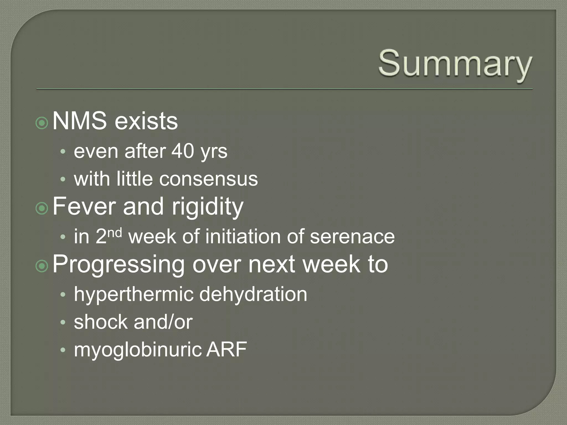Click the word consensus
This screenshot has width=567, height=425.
coord(208,179)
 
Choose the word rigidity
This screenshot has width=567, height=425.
coord(207,207)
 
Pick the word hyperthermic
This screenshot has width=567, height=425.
coord(133,294)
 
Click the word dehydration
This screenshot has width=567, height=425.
coord(253,294)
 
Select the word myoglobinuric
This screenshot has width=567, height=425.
coord(138,350)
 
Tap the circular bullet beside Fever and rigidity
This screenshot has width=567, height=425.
coord(42,208)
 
